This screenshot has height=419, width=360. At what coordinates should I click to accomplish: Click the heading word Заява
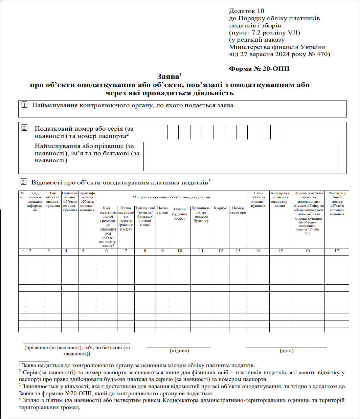pos(168,77)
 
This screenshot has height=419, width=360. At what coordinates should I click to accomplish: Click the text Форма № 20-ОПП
pos(259,69)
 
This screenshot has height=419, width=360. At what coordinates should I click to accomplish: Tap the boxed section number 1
pos(24,105)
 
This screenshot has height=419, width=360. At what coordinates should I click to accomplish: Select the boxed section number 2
pos(24,128)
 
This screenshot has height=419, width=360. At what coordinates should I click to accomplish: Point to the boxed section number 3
pos(23,182)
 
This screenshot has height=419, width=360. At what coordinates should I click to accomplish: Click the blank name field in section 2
pos(241,156)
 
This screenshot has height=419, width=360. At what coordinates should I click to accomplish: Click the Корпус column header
pos(221,208)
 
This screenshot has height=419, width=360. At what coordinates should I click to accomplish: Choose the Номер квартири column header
pos(238,210)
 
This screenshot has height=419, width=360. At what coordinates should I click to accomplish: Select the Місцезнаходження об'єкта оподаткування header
pos(171,197)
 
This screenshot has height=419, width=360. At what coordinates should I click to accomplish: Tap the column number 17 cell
pos(337,251)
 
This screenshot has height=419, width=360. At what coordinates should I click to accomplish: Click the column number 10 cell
pos(180,251)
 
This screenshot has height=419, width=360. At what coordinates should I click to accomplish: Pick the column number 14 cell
pos(258,251)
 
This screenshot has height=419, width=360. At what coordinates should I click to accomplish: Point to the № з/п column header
pos(22,195)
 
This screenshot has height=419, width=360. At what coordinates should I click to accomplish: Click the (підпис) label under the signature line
pos(179,351)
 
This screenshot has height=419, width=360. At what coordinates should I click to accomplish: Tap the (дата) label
pos(287,351)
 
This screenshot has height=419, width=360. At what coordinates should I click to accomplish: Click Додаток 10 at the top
pos(247,11)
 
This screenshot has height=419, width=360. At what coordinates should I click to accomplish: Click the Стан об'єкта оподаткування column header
pos(258,200)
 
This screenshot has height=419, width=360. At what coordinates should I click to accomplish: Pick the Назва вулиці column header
pos(162,210)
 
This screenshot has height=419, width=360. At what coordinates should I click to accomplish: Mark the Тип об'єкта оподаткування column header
pos(53,200)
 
